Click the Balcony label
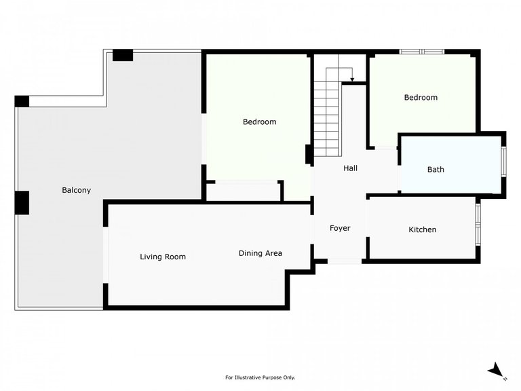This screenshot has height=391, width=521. (x=76, y=190)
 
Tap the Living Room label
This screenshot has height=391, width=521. (x=163, y=257)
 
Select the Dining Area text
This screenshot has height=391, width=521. (x=260, y=253)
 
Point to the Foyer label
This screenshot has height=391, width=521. (x=340, y=228)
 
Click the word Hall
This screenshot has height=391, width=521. (x=350, y=168)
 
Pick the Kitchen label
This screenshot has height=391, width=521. (x=422, y=230)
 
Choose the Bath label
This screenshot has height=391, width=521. (x=436, y=169)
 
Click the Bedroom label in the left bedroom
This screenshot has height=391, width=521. (x=260, y=122)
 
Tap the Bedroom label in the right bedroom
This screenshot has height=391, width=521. (x=421, y=98)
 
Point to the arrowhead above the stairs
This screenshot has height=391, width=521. (x=352, y=80)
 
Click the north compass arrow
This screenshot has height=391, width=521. (x=496, y=370)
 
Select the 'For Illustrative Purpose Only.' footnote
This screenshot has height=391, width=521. (x=260, y=377)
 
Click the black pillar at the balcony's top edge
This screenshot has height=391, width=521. (x=123, y=56)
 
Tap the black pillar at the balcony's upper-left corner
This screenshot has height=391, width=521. (x=22, y=101)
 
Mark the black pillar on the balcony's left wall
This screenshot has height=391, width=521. (x=22, y=202)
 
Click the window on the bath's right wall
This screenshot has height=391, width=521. (x=503, y=162)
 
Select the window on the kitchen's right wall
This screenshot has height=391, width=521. (x=478, y=224)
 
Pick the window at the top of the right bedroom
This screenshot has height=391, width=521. (x=421, y=51)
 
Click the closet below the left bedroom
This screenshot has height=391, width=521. (x=244, y=191)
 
